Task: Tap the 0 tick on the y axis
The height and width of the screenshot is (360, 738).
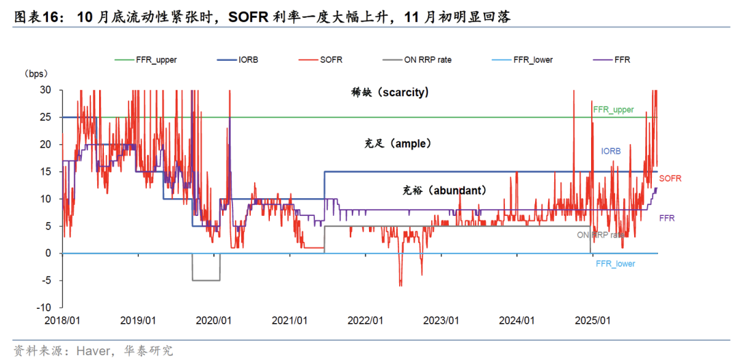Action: [x=48, y=253]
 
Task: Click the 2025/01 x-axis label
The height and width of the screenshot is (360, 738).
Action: [x=592, y=320]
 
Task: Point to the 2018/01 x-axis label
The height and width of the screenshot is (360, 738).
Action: [x=62, y=320]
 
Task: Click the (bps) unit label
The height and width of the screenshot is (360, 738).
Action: [x=36, y=74]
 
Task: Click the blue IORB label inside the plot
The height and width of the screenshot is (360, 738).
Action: [x=610, y=151]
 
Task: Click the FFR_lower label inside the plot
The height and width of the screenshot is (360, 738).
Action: [x=615, y=264]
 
